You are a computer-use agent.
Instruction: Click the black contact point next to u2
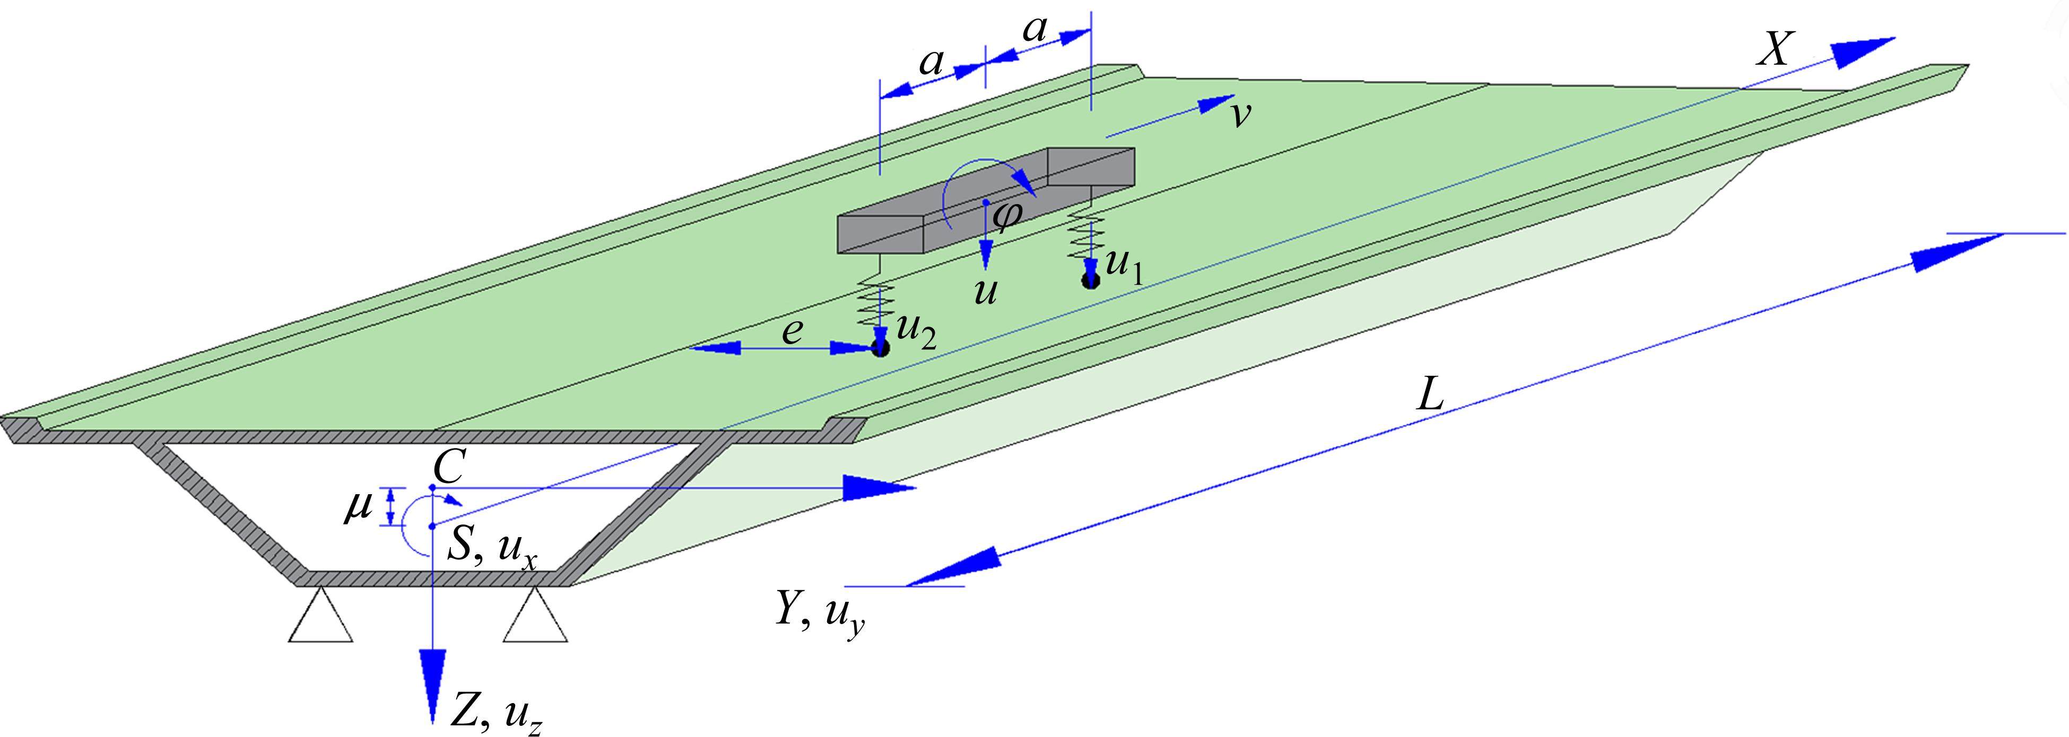[x=881, y=348]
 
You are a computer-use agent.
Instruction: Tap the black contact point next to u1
[x=1090, y=279]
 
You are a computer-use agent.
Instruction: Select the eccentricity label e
[x=792, y=331]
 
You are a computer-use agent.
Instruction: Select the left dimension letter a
[x=931, y=62]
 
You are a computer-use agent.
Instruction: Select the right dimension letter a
[x=1036, y=31]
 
